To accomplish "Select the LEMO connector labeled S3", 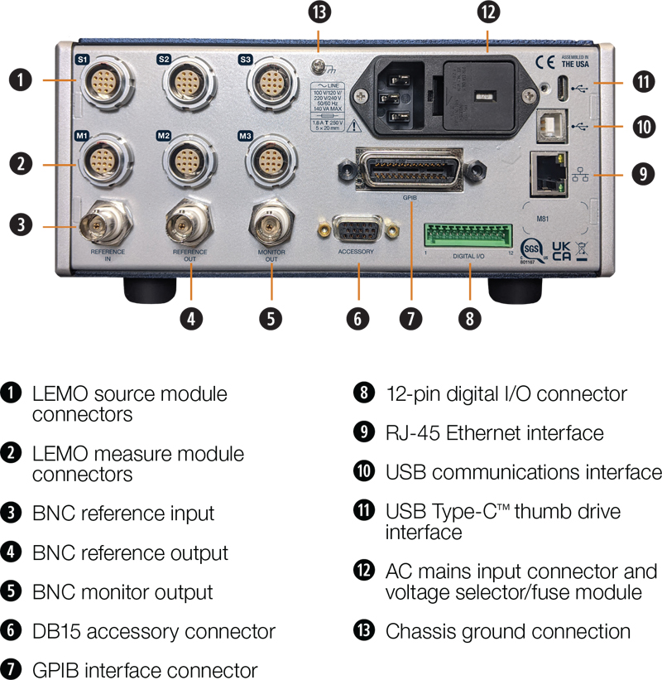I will coord(271,84).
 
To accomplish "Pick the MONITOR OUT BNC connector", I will coord(271,222).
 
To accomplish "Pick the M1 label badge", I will coord(82,134).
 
